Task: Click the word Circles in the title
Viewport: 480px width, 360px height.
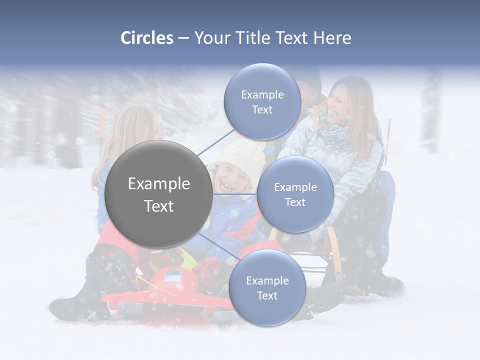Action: [x=147, y=38]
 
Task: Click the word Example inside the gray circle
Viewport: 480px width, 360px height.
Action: [x=159, y=184]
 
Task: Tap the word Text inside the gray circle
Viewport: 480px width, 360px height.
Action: [x=159, y=206]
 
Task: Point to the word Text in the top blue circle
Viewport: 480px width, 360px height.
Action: [x=262, y=109]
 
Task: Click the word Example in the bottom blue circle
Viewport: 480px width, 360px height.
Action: [x=267, y=280]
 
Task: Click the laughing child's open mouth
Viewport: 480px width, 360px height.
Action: [x=228, y=187]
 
